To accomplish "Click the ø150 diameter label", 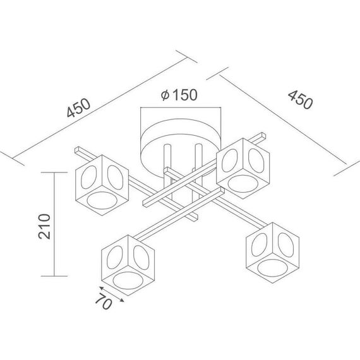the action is pyautogui.click(x=179, y=95).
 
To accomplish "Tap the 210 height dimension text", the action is pyautogui.click(x=44, y=227).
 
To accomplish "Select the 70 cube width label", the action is pyautogui.click(x=104, y=301).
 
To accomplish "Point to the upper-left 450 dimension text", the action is pyautogui.click(x=78, y=107).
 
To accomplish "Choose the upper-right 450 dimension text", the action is pyautogui.click(x=300, y=100).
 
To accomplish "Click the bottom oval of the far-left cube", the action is pyautogui.click(x=102, y=200).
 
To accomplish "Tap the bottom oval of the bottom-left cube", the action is pyautogui.click(x=128, y=280).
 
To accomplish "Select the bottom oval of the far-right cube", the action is pyautogui.click(x=272, y=268).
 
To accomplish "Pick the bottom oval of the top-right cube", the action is pyautogui.click(x=243, y=184).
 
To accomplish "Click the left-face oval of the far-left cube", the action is pyautogui.click(x=89, y=177).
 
